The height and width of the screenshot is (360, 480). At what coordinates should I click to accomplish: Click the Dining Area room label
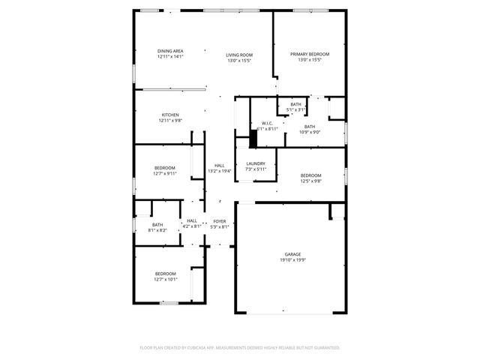(170, 51)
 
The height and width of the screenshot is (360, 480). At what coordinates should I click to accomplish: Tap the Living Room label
(239, 55)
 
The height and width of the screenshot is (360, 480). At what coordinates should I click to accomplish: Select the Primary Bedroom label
(310, 55)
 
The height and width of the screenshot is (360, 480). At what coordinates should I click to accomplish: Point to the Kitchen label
(170, 115)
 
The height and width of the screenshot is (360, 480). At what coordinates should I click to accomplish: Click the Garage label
(292, 254)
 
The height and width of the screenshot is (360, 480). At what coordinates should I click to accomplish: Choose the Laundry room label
(256, 163)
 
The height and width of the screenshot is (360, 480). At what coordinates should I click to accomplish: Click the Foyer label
(220, 221)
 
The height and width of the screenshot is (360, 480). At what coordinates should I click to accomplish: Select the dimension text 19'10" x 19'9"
(292, 260)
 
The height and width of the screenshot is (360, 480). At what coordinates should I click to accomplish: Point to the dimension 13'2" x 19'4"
(220, 171)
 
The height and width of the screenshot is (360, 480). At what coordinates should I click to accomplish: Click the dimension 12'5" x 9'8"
(310, 181)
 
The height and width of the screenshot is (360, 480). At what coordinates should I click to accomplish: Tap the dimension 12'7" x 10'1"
(165, 279)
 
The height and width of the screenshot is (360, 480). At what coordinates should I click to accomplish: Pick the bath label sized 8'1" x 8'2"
(157, 224)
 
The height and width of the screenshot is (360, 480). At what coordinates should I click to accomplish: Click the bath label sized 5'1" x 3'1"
(296, 104)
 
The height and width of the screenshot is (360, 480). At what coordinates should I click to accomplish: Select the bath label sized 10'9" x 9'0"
(310, 127)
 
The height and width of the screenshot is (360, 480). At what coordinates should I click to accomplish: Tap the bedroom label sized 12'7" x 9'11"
(165, 167)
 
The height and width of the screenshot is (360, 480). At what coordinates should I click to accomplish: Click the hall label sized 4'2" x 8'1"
(192, 220)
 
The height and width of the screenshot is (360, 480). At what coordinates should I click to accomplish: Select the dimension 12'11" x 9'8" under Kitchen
(170, 121)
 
